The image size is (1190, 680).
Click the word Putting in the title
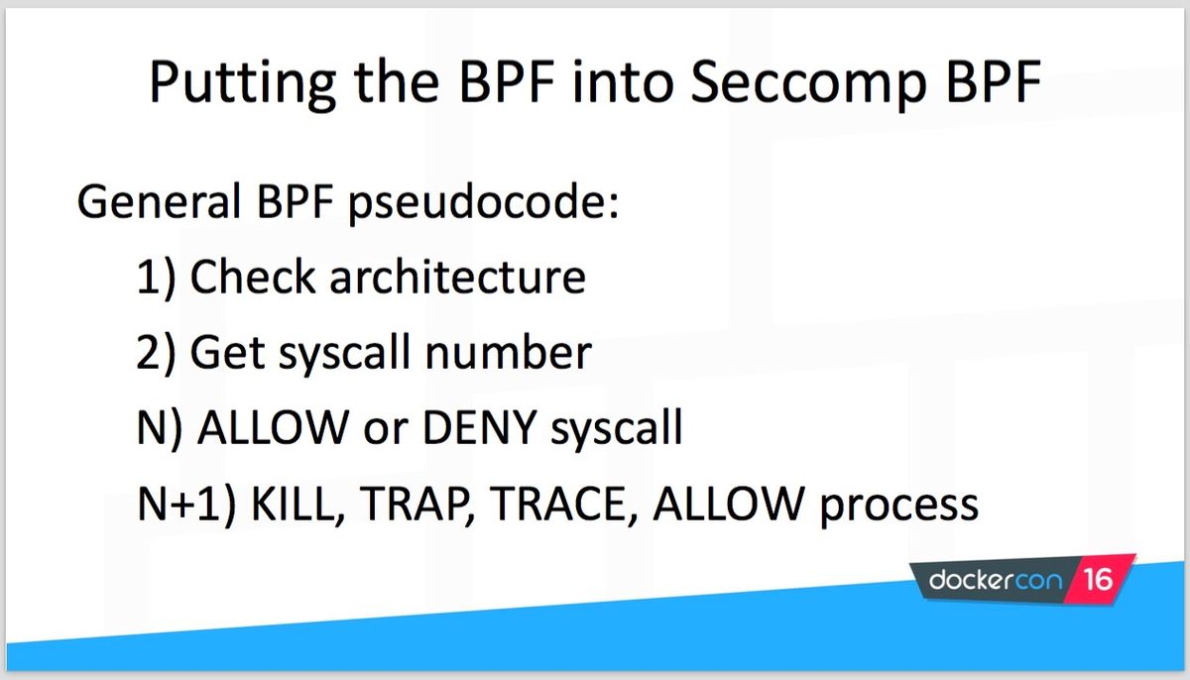[x=243, y=84]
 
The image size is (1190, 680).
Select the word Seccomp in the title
[x=808, y=84]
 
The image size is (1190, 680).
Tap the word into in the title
[x=623, y=81]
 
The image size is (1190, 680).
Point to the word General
[x=159, y=200]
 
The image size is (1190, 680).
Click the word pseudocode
[x=483, y=204]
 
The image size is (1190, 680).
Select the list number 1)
[x=156, y=279]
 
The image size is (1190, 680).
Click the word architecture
[x=457, y=277]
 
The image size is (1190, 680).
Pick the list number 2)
[x=156, y=354]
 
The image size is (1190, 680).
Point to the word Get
[x=227, y=352]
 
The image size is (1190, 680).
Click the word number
[x=509, y=352]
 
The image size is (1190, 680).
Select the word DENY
[x=479, y=427]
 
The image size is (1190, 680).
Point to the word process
[x=898, y=507]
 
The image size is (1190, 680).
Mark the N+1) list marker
[x=186, y=505]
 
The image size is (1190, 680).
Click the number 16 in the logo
[x=1098, y=579]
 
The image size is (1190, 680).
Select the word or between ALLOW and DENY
[x=385, y=430]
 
